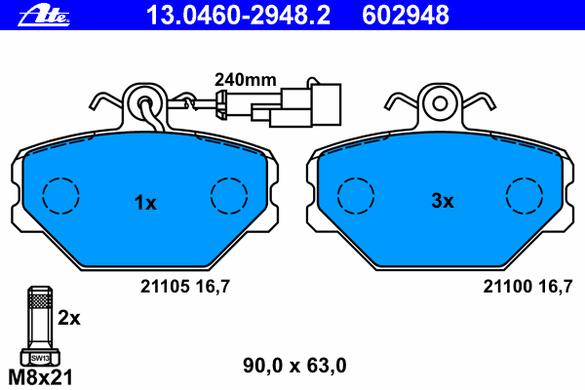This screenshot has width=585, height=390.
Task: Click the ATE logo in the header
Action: [x=44, y=16]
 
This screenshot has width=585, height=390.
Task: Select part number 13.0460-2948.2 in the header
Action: [x=238, y=15]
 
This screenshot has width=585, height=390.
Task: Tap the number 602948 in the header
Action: [x=406, y=15]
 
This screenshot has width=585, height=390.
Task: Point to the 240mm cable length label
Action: [x=245, y=80]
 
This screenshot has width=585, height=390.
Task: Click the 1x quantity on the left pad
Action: [x=145, y=203]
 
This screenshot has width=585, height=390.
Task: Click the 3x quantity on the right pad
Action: [x=443, y=201]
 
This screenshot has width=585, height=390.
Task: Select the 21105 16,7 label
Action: [x=185, y=287]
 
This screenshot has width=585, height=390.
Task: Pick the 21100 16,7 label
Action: [x=527, y=287]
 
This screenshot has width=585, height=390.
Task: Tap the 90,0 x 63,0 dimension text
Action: [x=294, y=366]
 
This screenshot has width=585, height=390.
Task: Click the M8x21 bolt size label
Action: [x=40, y=377]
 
